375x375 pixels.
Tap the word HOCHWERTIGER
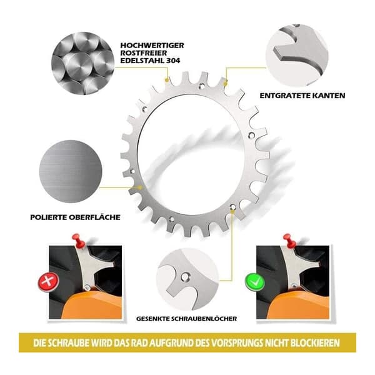click(152, 45)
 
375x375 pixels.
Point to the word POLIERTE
click(48, 217)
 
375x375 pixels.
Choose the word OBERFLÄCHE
click(95, 217)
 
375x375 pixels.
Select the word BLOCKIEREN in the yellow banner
click(314, 342)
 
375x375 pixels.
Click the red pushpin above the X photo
click(79, 241)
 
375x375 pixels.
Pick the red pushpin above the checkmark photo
click(289, 241)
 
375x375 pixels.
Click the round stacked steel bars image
click(82, 63)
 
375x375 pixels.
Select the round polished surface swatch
click(71, 171)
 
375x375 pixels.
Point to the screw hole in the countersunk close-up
click(185, 277)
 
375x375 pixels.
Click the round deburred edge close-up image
click(297, 55)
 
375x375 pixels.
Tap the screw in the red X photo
click(87, 287)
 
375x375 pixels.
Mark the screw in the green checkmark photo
click(294, 286)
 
